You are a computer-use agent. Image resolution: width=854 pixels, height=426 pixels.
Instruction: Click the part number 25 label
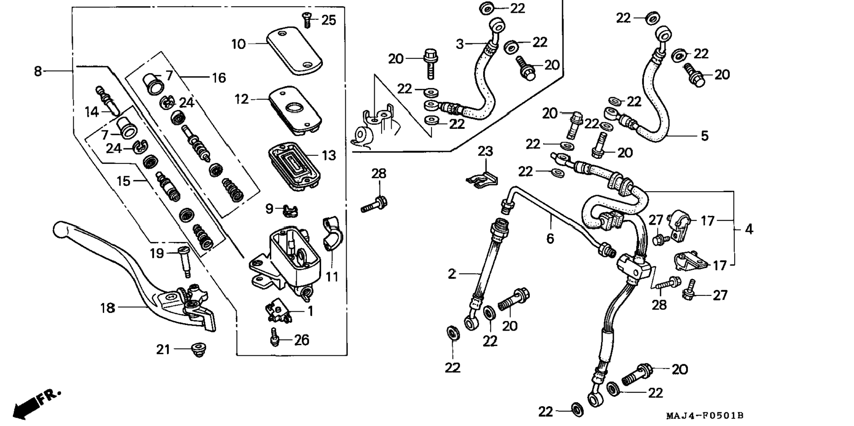(329, 20)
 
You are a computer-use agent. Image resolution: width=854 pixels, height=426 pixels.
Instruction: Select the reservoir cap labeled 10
(295, 50)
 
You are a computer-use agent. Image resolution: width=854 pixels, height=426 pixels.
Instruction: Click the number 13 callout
(329, 155)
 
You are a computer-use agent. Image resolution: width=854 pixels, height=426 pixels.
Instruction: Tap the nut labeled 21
(199, 350)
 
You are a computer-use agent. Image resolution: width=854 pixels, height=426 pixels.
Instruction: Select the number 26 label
(302, 340)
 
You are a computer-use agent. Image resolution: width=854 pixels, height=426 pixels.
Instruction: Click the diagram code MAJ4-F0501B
(705, 416)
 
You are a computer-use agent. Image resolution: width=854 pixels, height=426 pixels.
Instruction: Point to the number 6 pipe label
(550, 239)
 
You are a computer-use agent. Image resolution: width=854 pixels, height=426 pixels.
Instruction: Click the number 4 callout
(749, 229)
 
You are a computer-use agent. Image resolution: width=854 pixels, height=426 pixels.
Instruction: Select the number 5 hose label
(705, 136)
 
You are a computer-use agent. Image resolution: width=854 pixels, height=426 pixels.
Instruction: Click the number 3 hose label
(460, 44)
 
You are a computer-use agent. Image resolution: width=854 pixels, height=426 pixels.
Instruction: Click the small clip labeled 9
(290, 210)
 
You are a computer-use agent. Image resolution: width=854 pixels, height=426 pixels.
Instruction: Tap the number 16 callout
(219, 78)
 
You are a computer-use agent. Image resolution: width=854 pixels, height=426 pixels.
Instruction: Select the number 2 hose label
(452, 274)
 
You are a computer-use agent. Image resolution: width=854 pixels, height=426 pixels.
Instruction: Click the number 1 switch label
(310, 311)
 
